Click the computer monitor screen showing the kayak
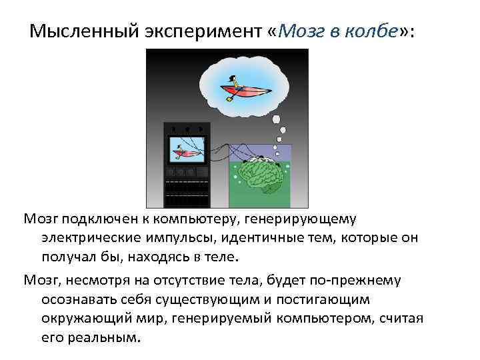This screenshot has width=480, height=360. tap(187, 150)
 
